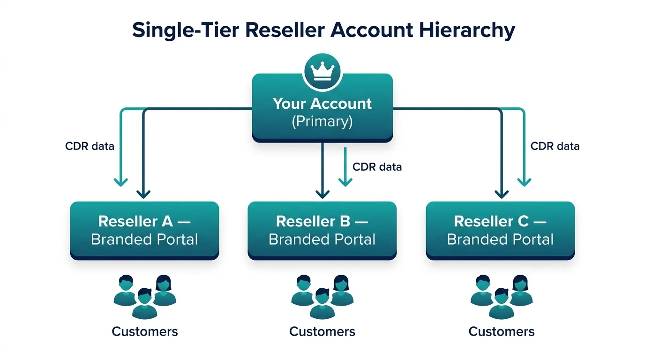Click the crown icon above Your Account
click(322, 71)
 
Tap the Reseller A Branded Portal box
click(144, 230)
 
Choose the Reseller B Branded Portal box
click(322, 230)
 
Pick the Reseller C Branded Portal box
click(500, 230)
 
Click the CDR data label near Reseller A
click(90, 146)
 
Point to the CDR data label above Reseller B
click(377, 167)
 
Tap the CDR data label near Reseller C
click(555, 146)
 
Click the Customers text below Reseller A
click(144, 332)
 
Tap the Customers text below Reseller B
click(322, 332)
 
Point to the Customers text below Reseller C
click(501, 332)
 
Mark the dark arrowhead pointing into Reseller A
click(143, 194)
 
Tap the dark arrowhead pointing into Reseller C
click(502, 194)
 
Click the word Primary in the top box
click(322, 121)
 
